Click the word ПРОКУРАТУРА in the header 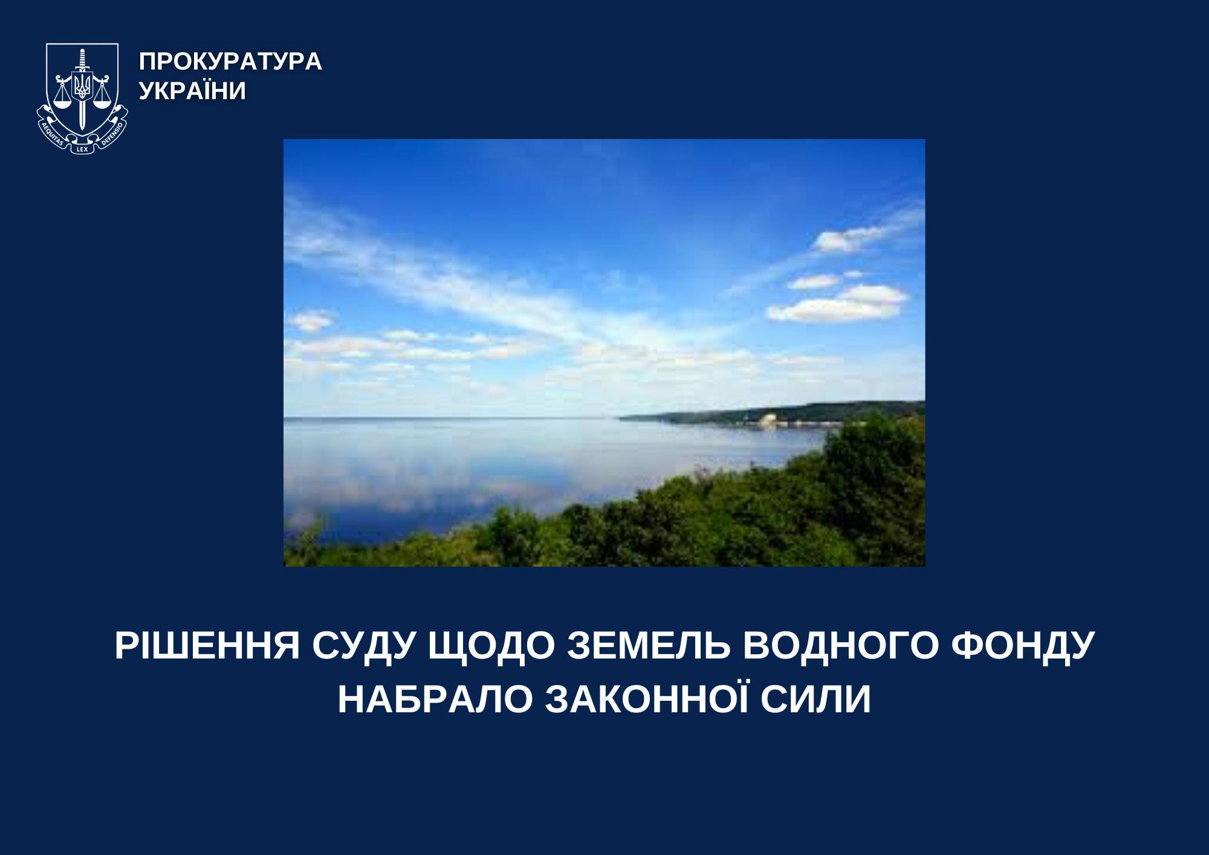tap(230, 61)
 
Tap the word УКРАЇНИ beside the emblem tap(192, 91)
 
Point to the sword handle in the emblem tap(82, 59)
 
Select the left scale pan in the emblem tap(63, 103)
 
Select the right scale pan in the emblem tap(102, 103)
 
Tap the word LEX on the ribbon tap(82, 149)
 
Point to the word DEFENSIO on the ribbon tap(112, 134)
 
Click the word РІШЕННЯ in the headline tap(207, 645)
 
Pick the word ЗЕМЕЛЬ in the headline tap(649, 645)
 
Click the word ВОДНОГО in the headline tap(841, 645)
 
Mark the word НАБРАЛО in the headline tap(435, 700)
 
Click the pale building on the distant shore tap(768, 420)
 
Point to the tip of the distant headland tap(619, 417)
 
